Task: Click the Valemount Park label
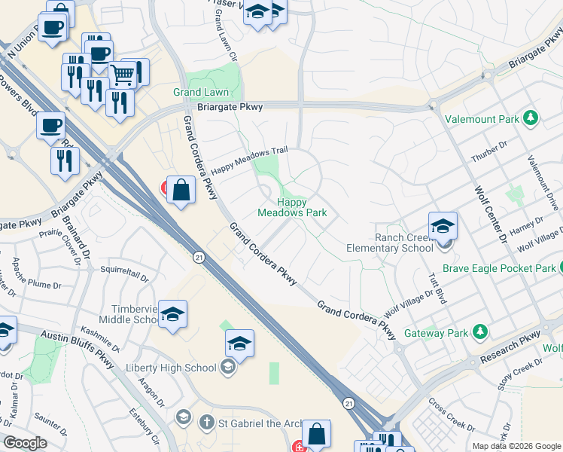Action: click(481, 119)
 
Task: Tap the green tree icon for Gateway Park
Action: click(479, 332)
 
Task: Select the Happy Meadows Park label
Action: click(293, 207)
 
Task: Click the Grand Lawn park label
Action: click(201, 93)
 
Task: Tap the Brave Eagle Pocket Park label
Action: click(499, 268)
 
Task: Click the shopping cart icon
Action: click(122, 74)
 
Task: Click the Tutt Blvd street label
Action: click(438, 289)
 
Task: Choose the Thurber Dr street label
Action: click(485, 154)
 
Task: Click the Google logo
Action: click(25, 443)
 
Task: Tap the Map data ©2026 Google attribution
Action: click(516, 446)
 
